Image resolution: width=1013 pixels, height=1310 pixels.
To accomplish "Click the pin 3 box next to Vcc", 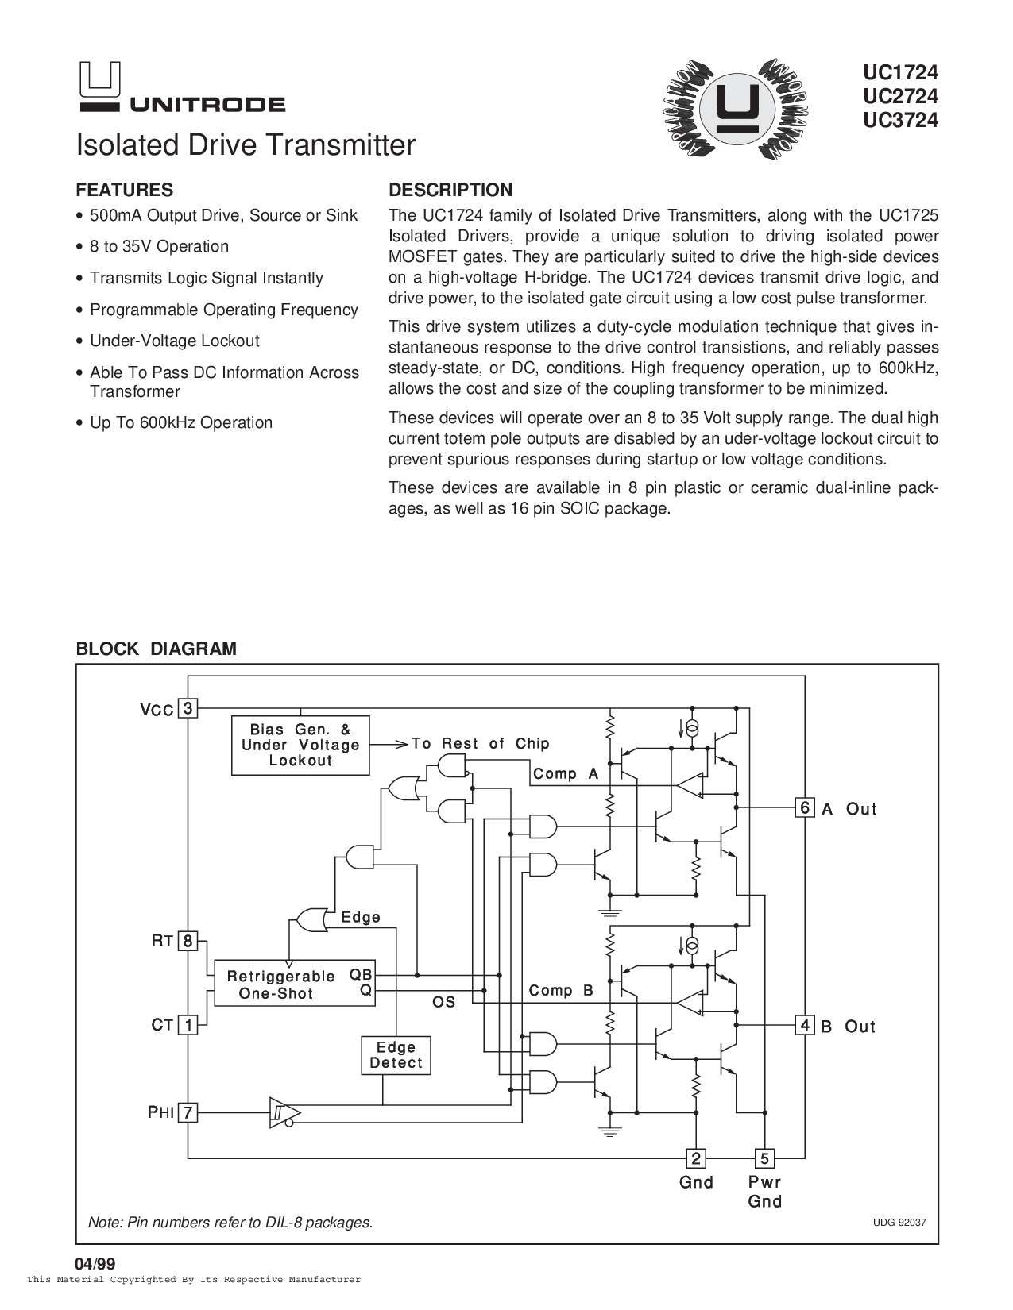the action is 188,707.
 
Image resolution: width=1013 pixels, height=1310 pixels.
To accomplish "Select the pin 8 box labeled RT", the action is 188,941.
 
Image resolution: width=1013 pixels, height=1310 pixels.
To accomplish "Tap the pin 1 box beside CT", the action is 188,1025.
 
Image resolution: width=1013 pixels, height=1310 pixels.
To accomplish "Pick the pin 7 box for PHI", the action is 188,1112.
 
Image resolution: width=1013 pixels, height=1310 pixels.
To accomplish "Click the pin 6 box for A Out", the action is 804,807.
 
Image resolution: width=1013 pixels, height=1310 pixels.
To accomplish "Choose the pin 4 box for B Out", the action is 804,1025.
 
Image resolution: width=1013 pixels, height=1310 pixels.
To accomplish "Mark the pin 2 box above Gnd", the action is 696,1158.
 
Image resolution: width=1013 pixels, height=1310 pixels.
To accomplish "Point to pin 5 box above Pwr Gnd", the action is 764,1158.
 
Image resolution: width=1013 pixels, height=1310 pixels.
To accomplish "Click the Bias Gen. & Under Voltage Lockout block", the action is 300,746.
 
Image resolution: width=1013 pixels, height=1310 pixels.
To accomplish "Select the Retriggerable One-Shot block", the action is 295,983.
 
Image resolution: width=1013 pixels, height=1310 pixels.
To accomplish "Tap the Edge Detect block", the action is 396,1056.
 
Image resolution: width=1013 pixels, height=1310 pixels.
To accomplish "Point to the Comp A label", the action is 566,773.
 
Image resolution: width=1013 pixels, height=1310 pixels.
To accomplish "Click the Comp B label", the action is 561,991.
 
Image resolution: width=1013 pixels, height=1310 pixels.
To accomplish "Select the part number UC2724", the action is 900,96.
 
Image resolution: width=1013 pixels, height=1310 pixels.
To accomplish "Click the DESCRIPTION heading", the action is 450,190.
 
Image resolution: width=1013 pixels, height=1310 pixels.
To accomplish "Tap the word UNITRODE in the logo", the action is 207,105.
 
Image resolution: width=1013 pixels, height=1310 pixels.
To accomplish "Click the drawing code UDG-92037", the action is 899,1223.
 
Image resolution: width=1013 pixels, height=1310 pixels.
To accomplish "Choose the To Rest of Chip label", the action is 480,743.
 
